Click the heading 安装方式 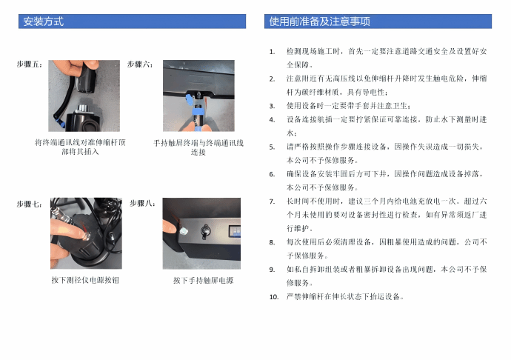click(x=43, y=21)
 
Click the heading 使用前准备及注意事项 click(x=319, y=21)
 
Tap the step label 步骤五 click(x=30, y=64)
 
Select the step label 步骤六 click(x=140, y=64)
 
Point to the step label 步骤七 click(x=30, y=204)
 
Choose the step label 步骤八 click(x=142, y=204)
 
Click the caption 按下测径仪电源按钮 click(x=85, y=280)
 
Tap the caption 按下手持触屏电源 click(x=204, y=281)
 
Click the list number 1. click(x=272, y=52)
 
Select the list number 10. click(x=274, y=297)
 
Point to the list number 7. click(x=272, y=201)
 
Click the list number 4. click(x=272, y=120)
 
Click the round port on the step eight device click(x=205, y=232)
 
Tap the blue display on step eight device click(x=235, y=230)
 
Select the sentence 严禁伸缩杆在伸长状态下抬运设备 click(x=345, y=297)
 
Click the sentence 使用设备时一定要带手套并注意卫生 click(x=349, y=106)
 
